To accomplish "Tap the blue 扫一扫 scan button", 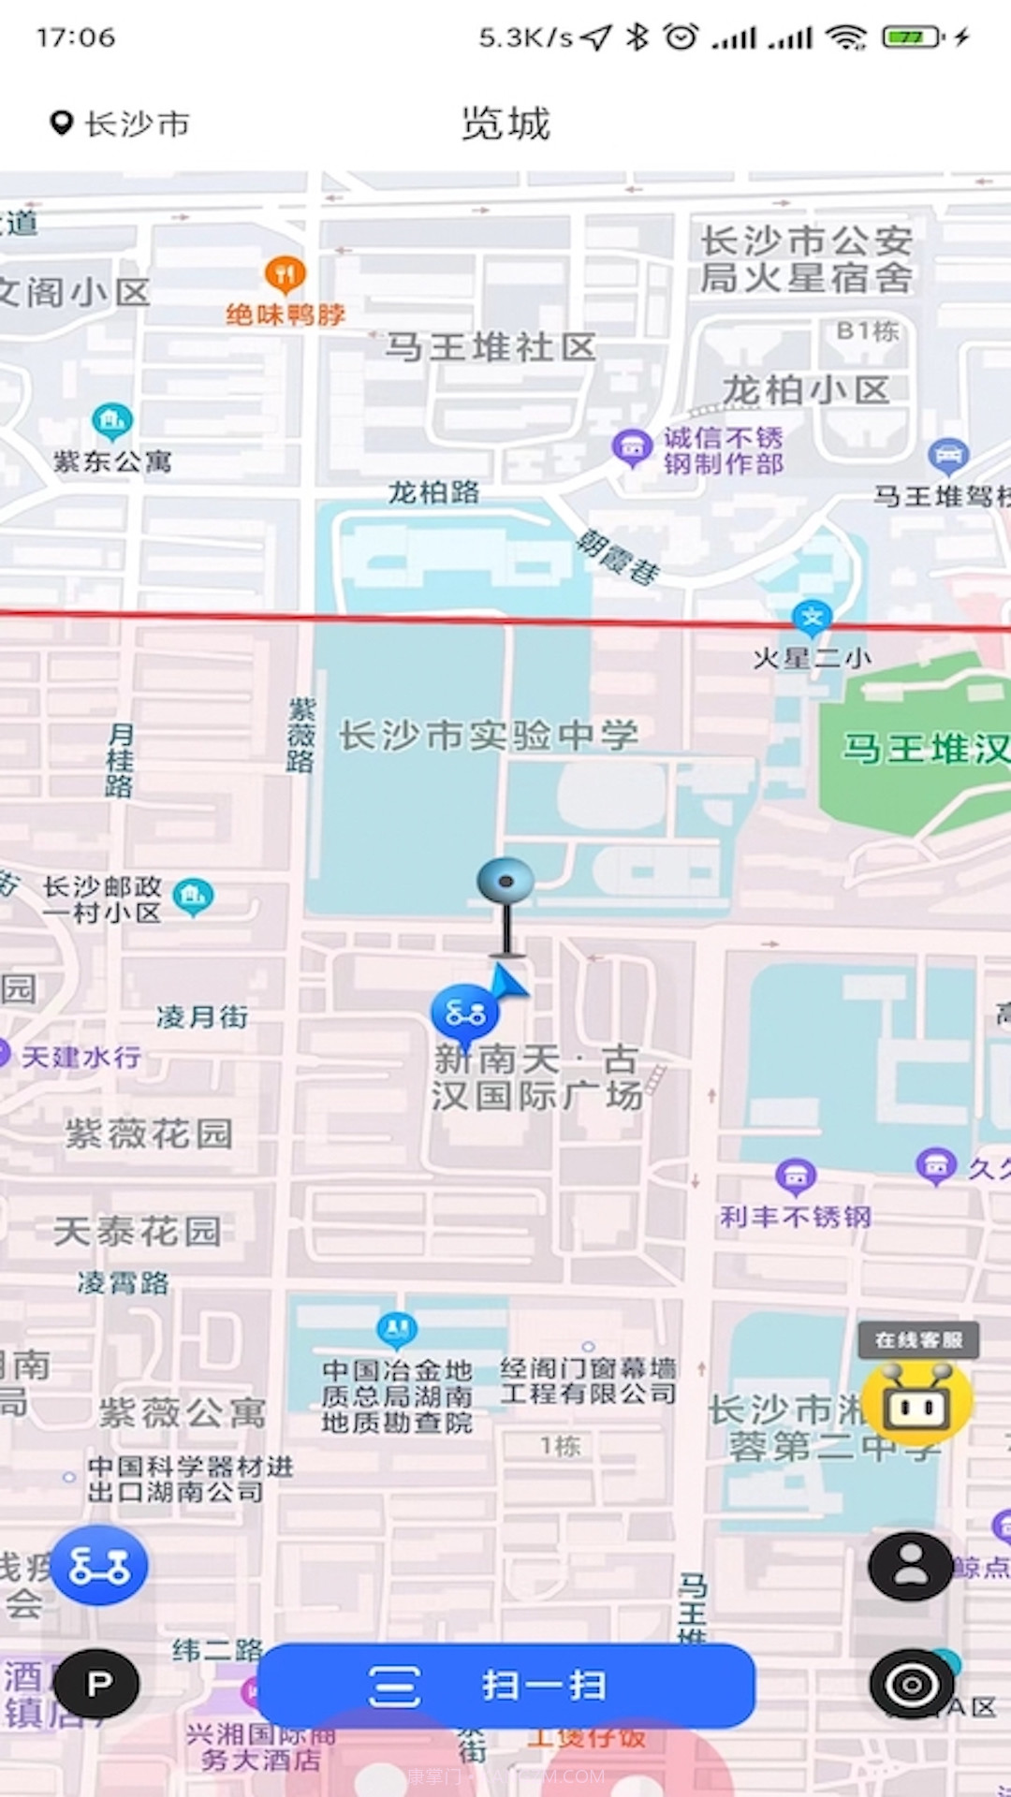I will pyautogui.click(x=505, y=1686).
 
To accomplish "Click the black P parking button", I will pyautogui.click(x=96, y=1684).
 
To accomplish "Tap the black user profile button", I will pyautogui.click(x=910, y=1566).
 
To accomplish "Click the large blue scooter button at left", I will pyautogui.click(x=98, y=1565).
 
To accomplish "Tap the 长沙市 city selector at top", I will pyautogui.click(x=120, y=124).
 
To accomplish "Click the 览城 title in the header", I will pyautogui.click(x=505, y=124).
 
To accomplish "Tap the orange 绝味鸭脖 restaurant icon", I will pyautogui.click(x=286, y=274).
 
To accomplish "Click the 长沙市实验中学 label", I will pyautogui.click(x=488, y=736).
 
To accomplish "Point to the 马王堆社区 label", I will pyautogui.click(x=491, y=347).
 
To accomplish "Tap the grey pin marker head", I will pyautogui.click(x=505, y=881).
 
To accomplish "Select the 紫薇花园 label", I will pyautogui.click(x=149, y=1134).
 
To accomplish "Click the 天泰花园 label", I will pyautogui.click(x=138, y=1231).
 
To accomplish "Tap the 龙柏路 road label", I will pyautogui.click(x=433, y=492).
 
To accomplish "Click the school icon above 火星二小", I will pyautogui.click(x=812, y=617).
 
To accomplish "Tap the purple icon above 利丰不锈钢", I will pyautogui.click(x=796, y=1176).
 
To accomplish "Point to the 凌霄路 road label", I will pyautogui.click(x=124, y=1282).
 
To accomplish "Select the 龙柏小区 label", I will pyautogui.click(x=805, y=390).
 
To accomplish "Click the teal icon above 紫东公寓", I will pyautogui.click(x=112, y=421).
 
